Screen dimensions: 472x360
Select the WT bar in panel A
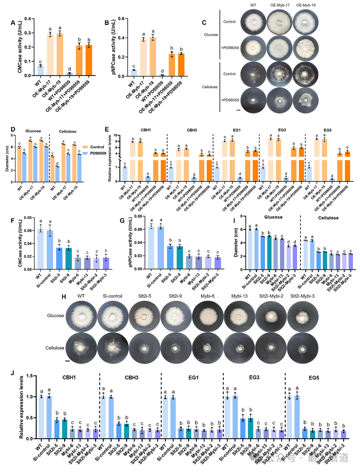click(40, 71)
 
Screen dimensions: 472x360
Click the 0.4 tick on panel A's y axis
click(27, 18)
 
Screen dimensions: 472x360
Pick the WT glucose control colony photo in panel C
click(253, 22)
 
